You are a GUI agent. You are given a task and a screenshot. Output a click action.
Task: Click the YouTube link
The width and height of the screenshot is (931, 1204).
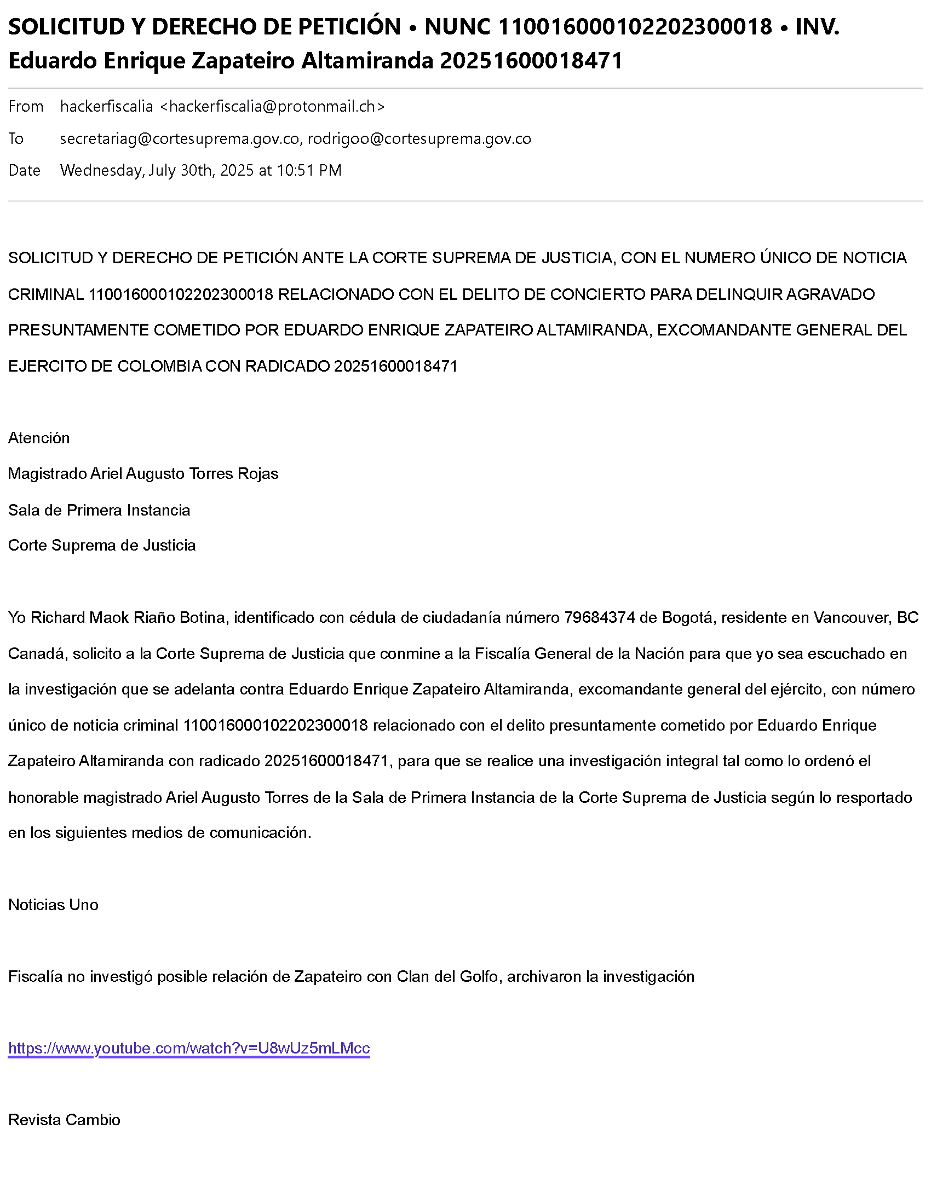coord(188,1047)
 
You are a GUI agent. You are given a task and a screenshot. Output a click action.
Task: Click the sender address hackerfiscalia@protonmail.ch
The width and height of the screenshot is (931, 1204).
coord(272,106)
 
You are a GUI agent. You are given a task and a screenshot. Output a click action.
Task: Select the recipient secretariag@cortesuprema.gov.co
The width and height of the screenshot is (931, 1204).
coord(180,138)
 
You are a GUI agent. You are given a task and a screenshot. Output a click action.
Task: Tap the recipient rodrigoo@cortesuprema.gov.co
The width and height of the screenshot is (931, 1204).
coord(419,138)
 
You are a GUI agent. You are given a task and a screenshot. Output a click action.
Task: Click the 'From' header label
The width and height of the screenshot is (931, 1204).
coord(26,106)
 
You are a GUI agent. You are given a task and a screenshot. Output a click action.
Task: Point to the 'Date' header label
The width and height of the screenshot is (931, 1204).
coord(24,170)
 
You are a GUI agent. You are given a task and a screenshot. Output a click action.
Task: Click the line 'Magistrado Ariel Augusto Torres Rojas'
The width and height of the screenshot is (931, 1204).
coord(143,473)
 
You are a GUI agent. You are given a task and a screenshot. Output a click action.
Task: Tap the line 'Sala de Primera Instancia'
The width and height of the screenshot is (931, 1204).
coord(99,510)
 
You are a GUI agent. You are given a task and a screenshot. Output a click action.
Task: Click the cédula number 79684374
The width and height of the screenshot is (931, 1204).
coord(600,617)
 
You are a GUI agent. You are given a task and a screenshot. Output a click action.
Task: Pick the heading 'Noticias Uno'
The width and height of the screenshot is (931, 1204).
coord(54,905)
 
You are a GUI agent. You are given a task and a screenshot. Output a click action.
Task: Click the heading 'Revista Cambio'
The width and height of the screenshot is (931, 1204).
coord(65,1120)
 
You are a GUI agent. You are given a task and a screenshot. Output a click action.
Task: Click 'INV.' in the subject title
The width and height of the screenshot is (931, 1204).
coord(818,26)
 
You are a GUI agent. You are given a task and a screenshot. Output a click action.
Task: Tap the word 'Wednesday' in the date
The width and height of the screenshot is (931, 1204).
coord(102,170)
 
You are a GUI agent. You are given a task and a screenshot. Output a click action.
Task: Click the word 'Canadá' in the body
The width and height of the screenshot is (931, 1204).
coord(36,653)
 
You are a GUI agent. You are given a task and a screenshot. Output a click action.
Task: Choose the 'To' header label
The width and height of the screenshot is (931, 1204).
coord(16,138)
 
